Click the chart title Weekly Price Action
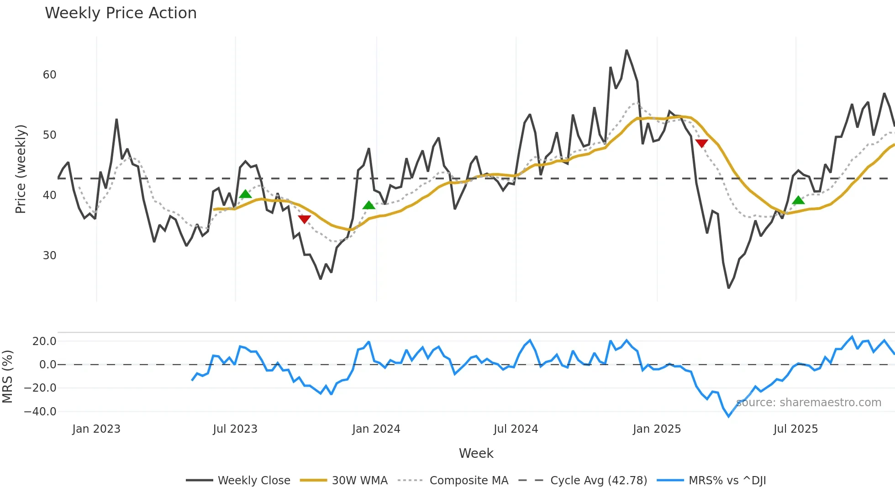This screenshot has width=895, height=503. [121, 13]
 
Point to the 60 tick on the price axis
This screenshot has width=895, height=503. [49, 75]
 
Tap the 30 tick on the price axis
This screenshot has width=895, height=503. [49, 256]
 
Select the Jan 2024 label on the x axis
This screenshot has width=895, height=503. [376, 429]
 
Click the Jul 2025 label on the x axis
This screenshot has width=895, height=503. [795, 429]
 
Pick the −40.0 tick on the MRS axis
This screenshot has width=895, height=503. [40, 412]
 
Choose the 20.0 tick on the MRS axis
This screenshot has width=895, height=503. [44, 341]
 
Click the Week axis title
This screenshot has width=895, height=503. [476, 453]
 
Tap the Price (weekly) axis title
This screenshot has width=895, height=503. [21, 169]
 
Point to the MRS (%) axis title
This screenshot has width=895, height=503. [7, 377]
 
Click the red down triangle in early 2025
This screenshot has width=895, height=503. [701, 143]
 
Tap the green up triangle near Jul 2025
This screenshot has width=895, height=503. [798, 200]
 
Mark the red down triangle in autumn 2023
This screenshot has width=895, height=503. [304, 219]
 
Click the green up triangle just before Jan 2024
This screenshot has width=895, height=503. [369, 205]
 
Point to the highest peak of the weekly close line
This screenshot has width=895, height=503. [626, 51]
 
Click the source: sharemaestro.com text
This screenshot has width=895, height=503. [809, 403]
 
